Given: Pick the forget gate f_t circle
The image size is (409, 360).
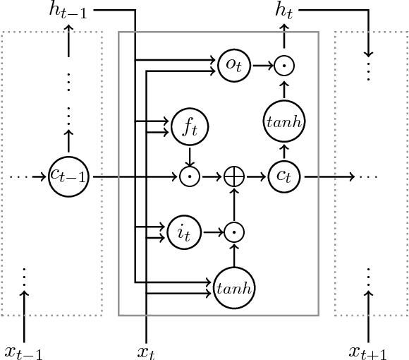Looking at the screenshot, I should pos(188,126).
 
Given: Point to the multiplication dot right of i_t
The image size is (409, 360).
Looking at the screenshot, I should pos(233,230).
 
